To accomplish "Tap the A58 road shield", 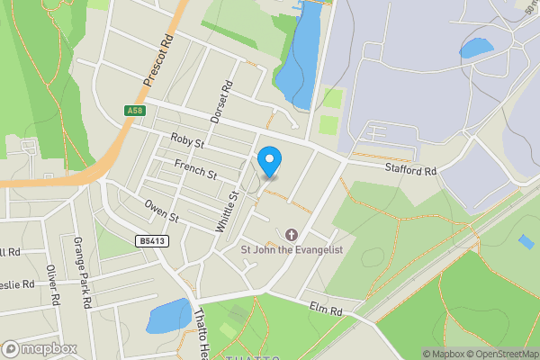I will coord(135,110).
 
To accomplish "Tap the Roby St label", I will coord(188,141).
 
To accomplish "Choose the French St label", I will coord(195,167).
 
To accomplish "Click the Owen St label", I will coord(162,211).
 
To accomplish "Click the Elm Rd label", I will coord(326,310).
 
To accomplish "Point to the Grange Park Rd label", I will coord(82,273).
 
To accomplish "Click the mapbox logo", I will coord(39,348).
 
